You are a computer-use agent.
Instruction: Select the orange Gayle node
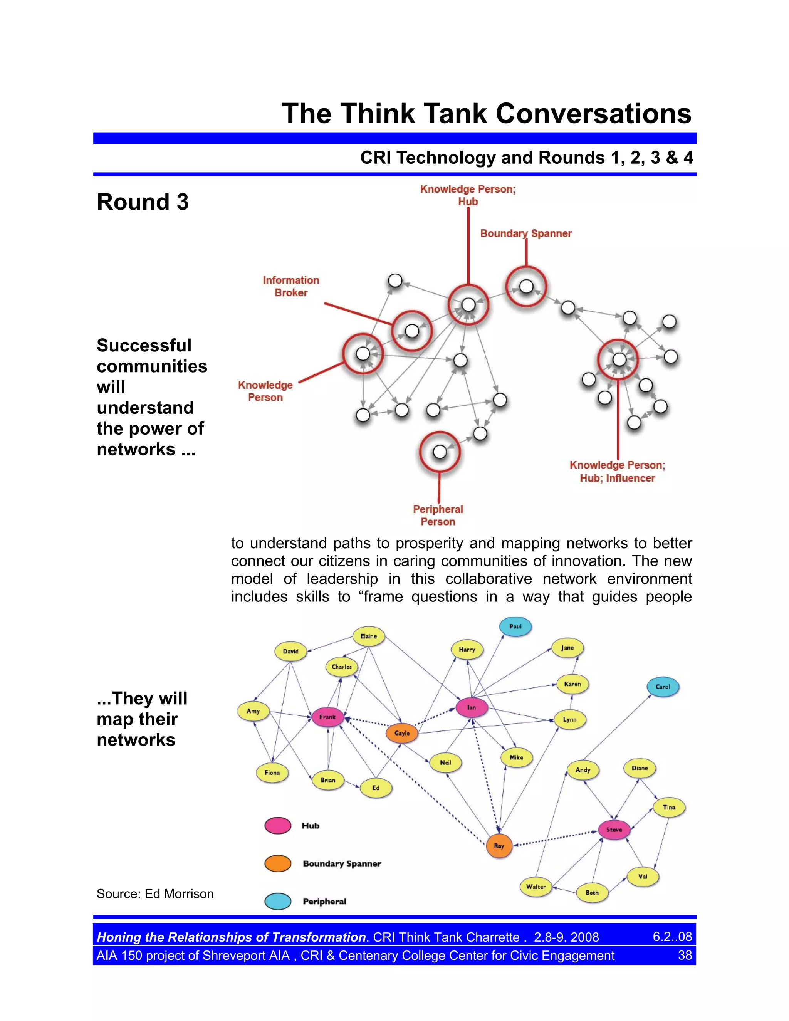tap(401, 733)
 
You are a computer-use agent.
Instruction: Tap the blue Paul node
tap(515, 626)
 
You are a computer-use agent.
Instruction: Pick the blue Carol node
tap(662, 687)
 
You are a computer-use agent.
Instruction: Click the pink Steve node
tap(614, 830)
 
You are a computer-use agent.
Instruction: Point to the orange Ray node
tap(499, 846)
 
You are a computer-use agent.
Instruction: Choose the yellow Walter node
tap(535, 887)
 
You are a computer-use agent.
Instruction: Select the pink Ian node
tap(472, 707)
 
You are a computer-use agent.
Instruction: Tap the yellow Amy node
tap(253, 711)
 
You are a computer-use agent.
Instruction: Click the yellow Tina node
tap(669, 807)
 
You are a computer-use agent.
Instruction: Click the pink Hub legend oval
tap(278, 826)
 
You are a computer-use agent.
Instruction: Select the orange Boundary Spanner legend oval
tap(278, 863)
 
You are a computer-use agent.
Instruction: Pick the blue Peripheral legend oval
tap(278, 901)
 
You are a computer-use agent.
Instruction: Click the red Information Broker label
tap(291, 286)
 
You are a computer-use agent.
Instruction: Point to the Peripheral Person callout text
tap(438, 515)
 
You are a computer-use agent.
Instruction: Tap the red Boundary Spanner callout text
tap(526, 233)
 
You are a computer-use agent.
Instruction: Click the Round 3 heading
tap(143, 202)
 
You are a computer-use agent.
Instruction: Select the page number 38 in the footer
tap(685, 955)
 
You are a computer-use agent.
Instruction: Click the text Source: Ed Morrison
tap(155, 894)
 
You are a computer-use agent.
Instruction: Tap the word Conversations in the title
tap(593, 114)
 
